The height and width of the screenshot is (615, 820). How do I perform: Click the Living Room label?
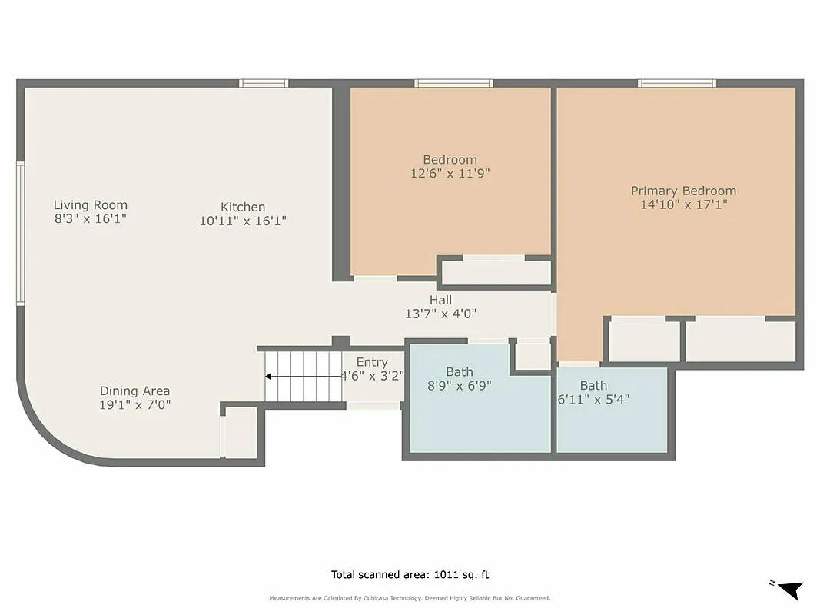(x=90, y=205)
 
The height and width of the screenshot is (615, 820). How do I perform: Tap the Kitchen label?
(x=243, y=207)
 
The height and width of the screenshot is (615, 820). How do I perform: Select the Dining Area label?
(x=134, y=391)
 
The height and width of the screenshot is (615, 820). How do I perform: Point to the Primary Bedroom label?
(x=683, y=191)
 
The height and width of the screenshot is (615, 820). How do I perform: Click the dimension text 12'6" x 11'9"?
(x=450, y=174)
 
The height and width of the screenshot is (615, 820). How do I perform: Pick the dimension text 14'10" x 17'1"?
(x=683, y=204)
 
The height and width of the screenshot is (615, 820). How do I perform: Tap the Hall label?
(x=440, y=300)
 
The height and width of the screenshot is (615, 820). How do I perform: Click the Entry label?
(x=372, y=362)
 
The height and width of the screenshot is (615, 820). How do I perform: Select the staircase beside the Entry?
(x=304, y=376)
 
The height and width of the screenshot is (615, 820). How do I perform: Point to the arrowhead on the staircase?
(x=269, y=377)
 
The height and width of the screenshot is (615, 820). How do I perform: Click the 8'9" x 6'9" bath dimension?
(x=459, y=386)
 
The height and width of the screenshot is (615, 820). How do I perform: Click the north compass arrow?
(x=790, y=590)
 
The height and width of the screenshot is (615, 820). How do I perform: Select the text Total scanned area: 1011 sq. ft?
(x=410, y=574)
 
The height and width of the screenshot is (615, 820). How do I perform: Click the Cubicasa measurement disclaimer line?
(x=410, y=598)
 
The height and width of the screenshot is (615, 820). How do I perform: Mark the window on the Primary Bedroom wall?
(x=676, y=83)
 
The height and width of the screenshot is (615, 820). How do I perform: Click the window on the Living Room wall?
(x=21, y=233)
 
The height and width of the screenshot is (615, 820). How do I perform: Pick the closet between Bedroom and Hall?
(x=496, y=272)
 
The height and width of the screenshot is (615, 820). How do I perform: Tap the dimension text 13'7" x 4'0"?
(x=440, y=314)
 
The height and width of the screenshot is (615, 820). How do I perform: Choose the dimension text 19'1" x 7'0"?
(x=134, y=405)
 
